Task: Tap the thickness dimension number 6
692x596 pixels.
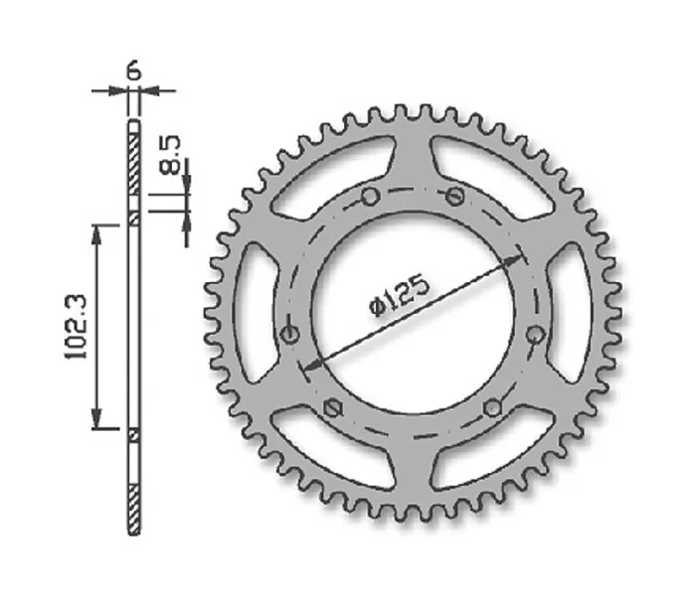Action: [x=133, y=72]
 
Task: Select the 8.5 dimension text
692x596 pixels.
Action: [x=169, y=155]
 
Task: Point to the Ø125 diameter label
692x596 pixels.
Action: [x=399, y=294]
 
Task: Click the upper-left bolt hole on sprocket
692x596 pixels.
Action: [x=370, y=197]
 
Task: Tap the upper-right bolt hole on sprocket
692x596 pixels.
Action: [x=454, y=196]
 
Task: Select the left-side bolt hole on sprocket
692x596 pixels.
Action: [x=290, y=334]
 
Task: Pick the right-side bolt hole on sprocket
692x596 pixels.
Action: [x=536, y=334]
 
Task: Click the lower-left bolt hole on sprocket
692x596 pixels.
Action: [x=333, y=408]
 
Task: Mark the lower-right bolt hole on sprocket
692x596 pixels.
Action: [x=492, y=408]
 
